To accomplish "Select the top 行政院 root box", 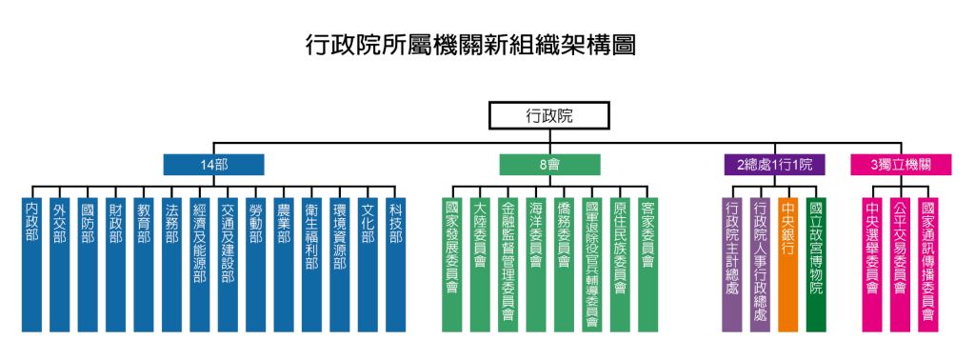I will pos(550,116).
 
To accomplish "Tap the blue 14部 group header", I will pos(213,165).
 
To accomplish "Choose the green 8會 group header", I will pos(549,165).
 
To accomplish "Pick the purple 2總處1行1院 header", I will pos(774,165).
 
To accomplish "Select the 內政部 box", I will pos(31,264).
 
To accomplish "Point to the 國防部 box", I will pos(88,264).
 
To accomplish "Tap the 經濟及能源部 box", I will pos(199,264).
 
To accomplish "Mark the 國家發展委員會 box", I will pos(452,264).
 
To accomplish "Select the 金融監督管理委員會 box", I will pos(507,264).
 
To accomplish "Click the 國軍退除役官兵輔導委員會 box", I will pos(592,264).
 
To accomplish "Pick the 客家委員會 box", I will pos(648,264).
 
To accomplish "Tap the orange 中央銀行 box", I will pos(787,264).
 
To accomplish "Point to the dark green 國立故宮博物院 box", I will pos(816,264).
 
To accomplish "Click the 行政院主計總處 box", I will pos(731,264).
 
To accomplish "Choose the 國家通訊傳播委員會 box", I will pos(927,264).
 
